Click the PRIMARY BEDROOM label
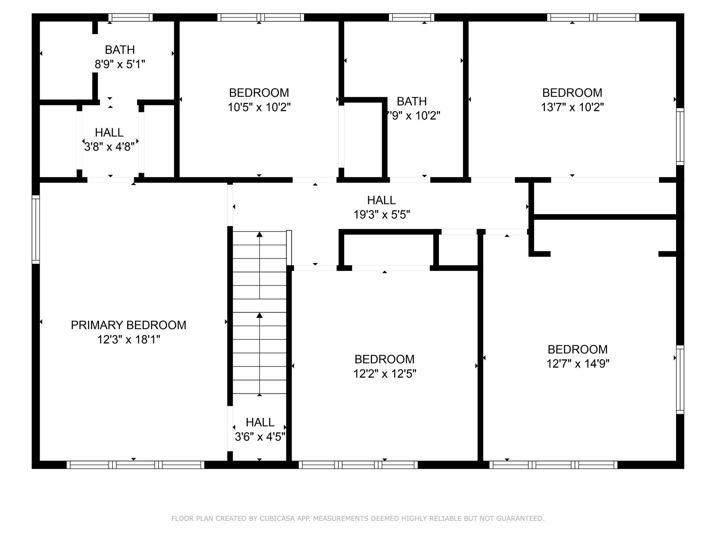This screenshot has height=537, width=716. (x=128, y=325)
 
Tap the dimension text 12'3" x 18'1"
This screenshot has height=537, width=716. (x=128, y=340)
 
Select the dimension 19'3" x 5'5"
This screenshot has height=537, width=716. (x=382, y=215)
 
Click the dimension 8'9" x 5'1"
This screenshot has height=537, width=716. (x=120, y=64)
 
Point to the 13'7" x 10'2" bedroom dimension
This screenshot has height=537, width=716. (x=572, y=107)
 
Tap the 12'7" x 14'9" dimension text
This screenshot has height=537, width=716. (x=578, y=364)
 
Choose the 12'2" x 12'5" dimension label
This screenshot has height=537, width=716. (x=385, y=374)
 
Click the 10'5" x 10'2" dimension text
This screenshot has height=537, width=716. (x=259, y=107)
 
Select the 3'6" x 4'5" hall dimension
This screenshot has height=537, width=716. (x=260, y=437)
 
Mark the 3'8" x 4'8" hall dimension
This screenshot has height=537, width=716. (x=109, y=147)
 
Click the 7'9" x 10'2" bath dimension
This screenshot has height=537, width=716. (x=413, y=116)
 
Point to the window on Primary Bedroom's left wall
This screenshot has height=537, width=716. (x=36, y=229)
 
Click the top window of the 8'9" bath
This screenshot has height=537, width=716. (x=130, y=18)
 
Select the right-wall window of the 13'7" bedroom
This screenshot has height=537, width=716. (x=680, y=137)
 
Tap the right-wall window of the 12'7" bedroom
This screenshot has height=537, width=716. (x=680, y=379)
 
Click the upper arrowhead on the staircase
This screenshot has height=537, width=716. (x=260, y=234)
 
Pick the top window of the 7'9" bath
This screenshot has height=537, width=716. (x=412, y=18)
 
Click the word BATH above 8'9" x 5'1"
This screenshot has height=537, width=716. (x=120, y=50)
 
